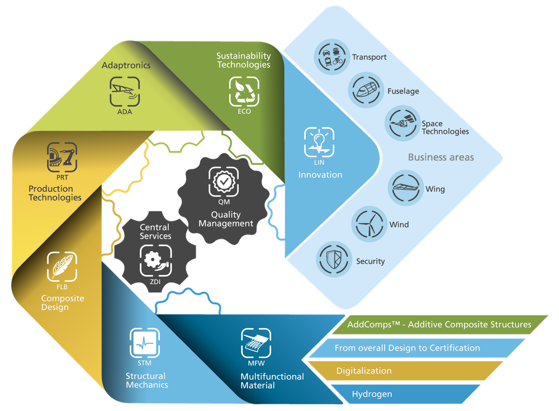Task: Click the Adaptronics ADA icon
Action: pos(125,91)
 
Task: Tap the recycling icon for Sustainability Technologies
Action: pos(244,91)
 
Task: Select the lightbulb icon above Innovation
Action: pos(319,141)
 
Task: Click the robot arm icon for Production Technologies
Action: pos(62,157)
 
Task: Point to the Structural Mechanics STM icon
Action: pos(145,342)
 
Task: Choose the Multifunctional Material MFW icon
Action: pos(256,343)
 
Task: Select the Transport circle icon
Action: pos(331,56)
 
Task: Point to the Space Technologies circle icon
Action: pos(401,124)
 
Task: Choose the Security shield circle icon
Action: pos(333,260)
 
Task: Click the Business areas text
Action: pos(440,157)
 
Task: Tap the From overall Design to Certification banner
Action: pos(416,348)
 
